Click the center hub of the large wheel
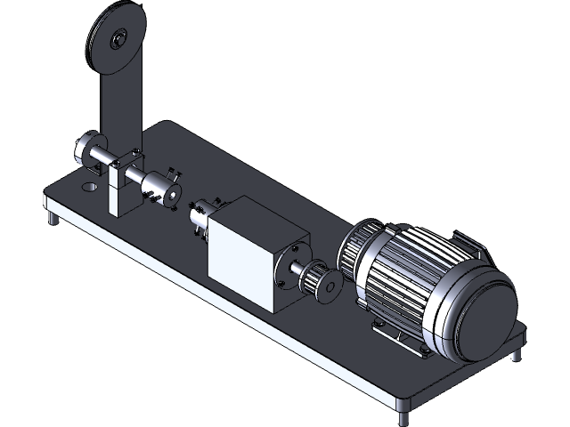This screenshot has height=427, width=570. coord(118,39)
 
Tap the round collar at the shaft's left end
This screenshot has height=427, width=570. coord(89,149)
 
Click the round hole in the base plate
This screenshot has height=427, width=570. coord(89,188)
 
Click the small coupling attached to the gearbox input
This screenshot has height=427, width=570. coord(200,216)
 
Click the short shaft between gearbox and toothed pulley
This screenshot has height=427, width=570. coord(297,270)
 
